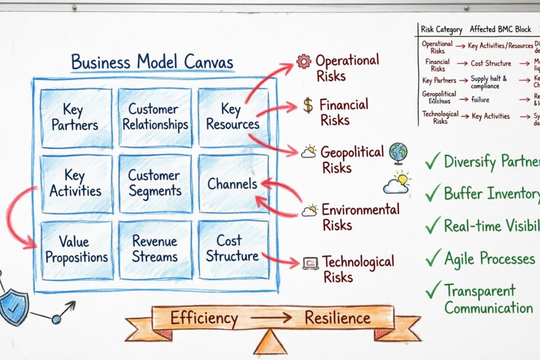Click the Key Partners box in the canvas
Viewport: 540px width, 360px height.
76,117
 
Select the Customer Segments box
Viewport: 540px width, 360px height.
154,183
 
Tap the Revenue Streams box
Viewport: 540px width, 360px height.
154,249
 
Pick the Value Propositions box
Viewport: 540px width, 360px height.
76,250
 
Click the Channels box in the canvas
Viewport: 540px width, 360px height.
232,184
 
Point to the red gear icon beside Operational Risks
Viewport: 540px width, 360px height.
304,61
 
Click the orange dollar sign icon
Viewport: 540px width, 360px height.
308,105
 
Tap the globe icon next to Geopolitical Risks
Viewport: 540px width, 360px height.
398,152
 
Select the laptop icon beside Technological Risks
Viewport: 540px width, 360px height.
310,263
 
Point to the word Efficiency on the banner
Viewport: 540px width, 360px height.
204,318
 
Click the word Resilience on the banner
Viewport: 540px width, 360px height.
337,318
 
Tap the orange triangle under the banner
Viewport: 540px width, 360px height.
270,342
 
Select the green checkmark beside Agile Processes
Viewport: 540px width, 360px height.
432,258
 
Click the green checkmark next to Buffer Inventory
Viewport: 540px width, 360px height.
432,193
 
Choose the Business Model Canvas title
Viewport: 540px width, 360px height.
152,62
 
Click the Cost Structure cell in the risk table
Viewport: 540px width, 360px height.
491,63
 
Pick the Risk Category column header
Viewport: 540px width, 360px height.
441,30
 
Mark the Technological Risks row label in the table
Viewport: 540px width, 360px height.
440,117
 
